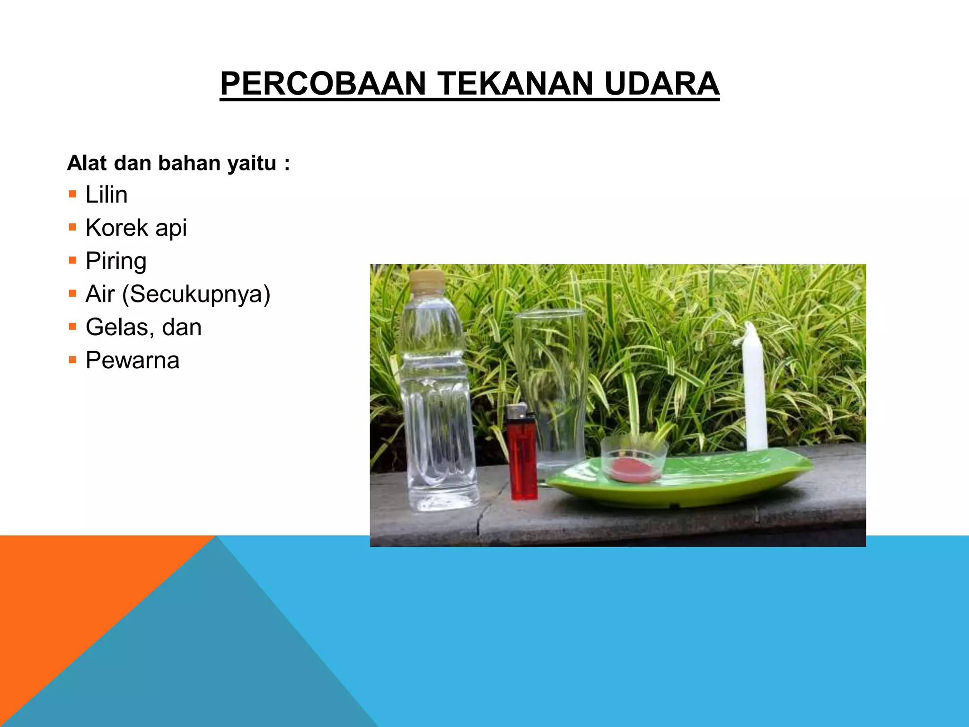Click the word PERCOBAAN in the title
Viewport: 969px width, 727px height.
323,84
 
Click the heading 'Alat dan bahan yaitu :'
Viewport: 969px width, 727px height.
178,163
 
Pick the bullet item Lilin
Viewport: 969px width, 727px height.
106,195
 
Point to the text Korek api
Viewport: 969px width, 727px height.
136,228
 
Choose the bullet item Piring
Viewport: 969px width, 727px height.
116,261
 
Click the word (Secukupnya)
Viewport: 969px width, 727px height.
196,294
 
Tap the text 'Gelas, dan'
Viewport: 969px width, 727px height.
143,327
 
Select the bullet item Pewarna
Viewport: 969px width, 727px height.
132,360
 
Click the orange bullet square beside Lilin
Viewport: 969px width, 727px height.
72,194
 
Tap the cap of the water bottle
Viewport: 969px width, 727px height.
427,280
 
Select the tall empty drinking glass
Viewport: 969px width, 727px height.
550,379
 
